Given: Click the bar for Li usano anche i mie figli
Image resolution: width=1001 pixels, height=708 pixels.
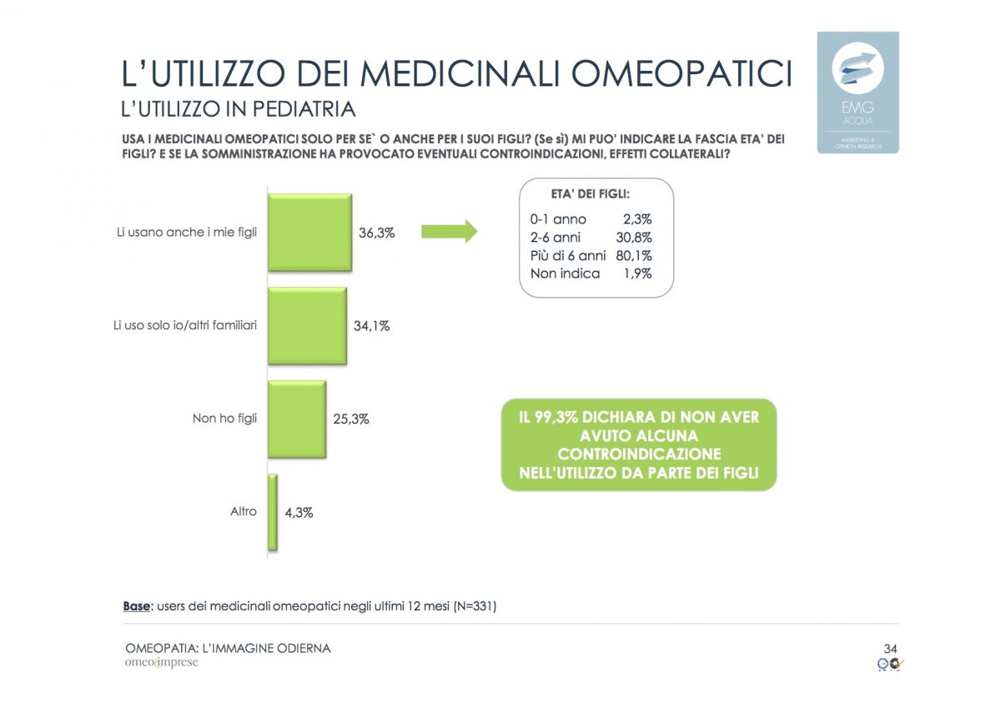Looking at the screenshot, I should (x=309, y=233).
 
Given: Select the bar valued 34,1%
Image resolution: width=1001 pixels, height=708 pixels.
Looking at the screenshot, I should (x=306, y=326).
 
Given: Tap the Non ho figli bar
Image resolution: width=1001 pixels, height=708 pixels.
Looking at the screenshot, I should (x=296, y=419).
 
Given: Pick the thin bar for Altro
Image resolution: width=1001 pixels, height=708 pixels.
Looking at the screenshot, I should (x=272, y=512).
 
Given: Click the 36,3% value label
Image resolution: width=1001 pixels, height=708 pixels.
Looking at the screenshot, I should (x=376, y=233).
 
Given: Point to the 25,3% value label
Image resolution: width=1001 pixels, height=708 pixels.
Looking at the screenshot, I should (x=351, y=419).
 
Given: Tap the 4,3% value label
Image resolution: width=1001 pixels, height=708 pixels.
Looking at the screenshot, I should (x=299, y=513).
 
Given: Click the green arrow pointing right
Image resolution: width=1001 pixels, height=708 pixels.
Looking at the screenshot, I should (x=449, y=232).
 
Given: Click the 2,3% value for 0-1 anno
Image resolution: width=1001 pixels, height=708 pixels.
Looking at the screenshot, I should (x=636, y=219).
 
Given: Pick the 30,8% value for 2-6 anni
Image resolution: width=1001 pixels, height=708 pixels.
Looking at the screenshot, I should (x=633, y=238).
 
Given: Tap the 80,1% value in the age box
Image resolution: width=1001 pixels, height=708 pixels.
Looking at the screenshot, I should (x=633, y=255).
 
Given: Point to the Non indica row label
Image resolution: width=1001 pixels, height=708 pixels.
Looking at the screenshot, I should (x=565, y=274).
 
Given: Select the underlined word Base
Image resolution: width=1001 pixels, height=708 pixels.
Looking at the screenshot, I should (x=137, y=606).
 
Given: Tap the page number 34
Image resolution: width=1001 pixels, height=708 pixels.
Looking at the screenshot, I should (x=890, y=649).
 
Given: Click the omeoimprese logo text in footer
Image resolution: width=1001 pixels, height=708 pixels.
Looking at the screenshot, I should (x=162, y=663).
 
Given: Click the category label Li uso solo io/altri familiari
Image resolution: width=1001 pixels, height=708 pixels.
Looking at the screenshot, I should (x=186, y=325).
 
